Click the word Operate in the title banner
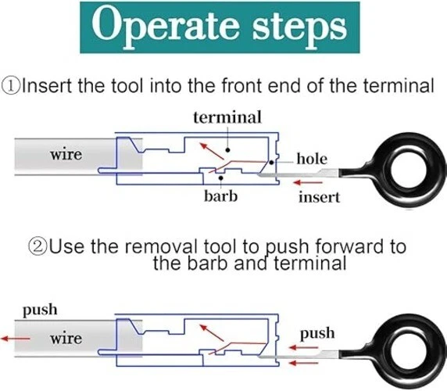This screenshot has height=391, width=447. pyautogui.click(x=166, y=27)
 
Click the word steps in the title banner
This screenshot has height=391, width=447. pyautogui.click(x=299, y=28)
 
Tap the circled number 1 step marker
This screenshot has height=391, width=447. pyautogui.click(x=11, y=86)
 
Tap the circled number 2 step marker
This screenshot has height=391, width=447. pyautogui.click(x=38, y=246)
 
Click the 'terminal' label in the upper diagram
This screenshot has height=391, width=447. pyautogui.click(x=227, y=117)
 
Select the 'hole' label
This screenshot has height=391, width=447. pyautogui.click(x=312, y=159)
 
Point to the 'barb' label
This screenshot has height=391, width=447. pyautogui.click(x=221, y=196)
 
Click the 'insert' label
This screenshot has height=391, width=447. pyautogui.click(x=320, y=197)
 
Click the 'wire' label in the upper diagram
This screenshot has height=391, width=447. pyautogui.click(x=66, y=155)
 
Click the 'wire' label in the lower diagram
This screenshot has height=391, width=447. pyautogui.click(x=66, y=339)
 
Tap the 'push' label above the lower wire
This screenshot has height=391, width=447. pyautogui.click(x=40, y=310)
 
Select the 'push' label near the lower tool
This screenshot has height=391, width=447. pyautogui.click(x=317, y=333)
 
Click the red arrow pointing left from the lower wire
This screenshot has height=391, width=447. pyautogui.click(x=16, y=339)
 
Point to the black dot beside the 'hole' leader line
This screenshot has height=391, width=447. pyautogui.click(x=271, y=163)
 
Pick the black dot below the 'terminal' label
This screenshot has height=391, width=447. pyautogui.click(x=227, y=149)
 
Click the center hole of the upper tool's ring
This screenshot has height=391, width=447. pyautogui.click(x=409, y=170)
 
